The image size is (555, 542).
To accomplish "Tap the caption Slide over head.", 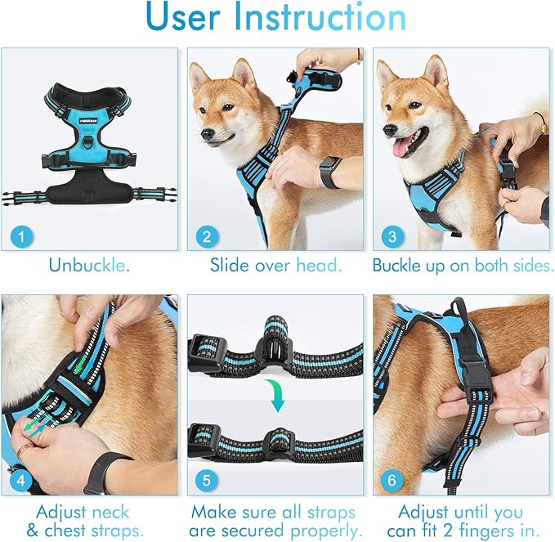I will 275,266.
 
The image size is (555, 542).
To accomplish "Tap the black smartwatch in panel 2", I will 330,172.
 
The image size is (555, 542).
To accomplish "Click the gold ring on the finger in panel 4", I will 25,449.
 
